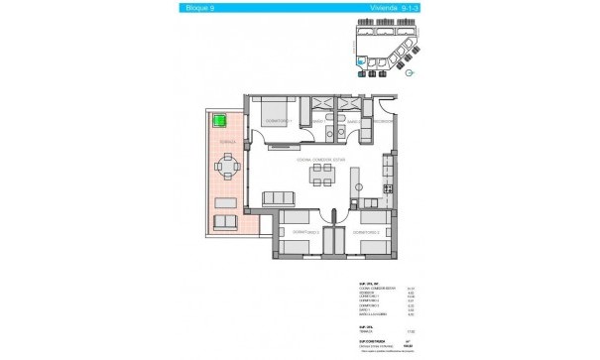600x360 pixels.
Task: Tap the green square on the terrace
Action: [x=219, y=121]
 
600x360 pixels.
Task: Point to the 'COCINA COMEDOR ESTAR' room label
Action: [x=318, y=161]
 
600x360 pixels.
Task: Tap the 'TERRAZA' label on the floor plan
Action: [x=228, y=143]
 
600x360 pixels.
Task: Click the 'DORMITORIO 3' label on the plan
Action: [x=298, y=232]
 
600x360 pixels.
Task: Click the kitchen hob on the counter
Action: [x=389, y=189]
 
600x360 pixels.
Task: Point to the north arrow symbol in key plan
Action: [x=408, y=72]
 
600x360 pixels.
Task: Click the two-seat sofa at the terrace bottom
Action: [x=226, y=220]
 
